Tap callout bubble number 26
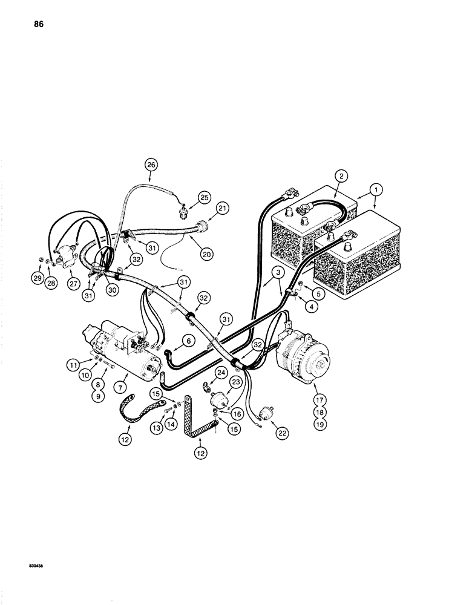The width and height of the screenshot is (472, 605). pyautogui.click(x=151, y=165)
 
